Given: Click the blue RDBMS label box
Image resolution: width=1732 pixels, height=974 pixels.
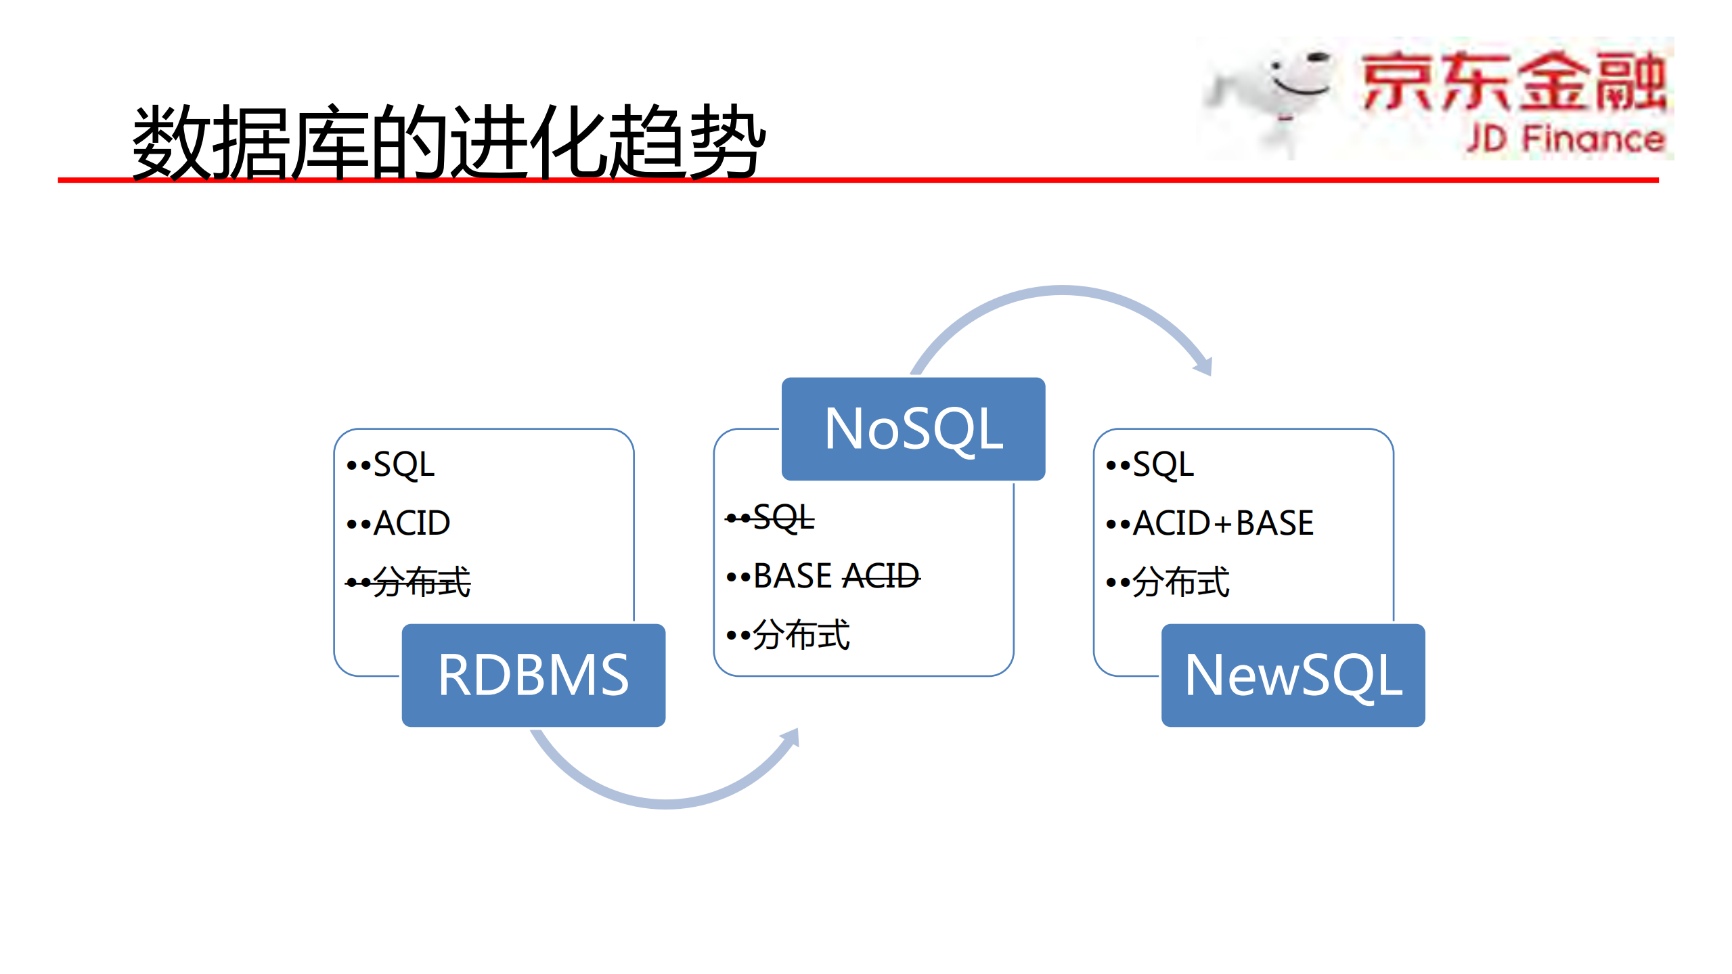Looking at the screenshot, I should [533, 675].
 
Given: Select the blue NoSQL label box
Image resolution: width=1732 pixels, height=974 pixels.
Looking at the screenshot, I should [913, 428].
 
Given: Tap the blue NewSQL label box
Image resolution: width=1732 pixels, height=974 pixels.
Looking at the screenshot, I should [1293, 675].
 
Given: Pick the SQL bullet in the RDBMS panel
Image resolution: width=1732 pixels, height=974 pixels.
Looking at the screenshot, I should [403, 465].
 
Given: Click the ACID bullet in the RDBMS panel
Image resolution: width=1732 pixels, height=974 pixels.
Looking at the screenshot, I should [412, 523].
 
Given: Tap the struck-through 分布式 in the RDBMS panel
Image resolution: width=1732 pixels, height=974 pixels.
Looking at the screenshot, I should [421, 582].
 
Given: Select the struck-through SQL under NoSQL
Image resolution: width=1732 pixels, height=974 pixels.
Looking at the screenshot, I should [783, 518].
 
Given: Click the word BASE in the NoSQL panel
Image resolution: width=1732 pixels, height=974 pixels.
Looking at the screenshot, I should [793, 577].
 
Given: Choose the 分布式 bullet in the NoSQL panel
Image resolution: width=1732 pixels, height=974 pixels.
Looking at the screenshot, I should [801, 635].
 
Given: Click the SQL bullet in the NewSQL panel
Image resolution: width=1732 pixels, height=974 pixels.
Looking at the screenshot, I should [1163, 465].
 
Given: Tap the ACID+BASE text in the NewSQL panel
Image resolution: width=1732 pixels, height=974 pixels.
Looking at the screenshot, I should [1223, 523].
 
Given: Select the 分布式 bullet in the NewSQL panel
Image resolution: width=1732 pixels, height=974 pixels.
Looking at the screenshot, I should [1180, 582].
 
